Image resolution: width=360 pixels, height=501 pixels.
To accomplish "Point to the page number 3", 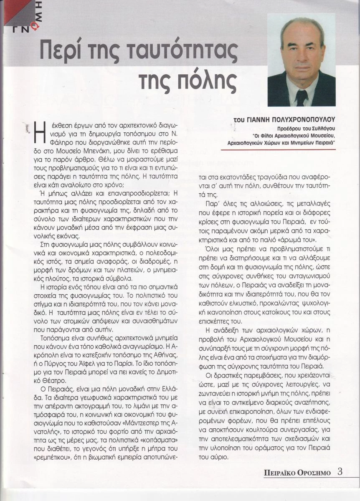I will click(340, 472).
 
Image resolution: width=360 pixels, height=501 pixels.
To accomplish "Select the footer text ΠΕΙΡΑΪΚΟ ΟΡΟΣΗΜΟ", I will click(297, 473).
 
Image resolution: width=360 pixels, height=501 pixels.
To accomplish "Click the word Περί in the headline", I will click(58, 51).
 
